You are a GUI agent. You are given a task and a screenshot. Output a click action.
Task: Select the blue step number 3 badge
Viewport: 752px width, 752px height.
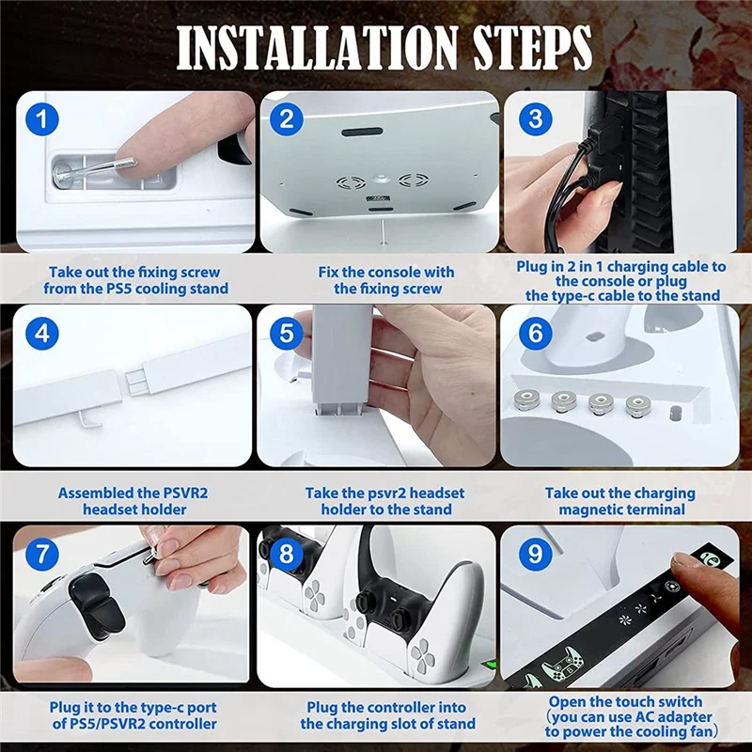(535, 119)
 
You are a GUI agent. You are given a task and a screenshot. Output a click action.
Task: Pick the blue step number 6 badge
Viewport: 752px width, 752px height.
(535, 335)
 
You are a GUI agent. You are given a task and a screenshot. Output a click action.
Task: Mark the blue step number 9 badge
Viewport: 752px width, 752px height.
(535, 554)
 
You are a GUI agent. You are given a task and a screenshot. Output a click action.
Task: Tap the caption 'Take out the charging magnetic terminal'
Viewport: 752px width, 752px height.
(619, 501)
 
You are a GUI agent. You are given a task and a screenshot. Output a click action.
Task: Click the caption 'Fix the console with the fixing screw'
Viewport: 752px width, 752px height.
(386, 280)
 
